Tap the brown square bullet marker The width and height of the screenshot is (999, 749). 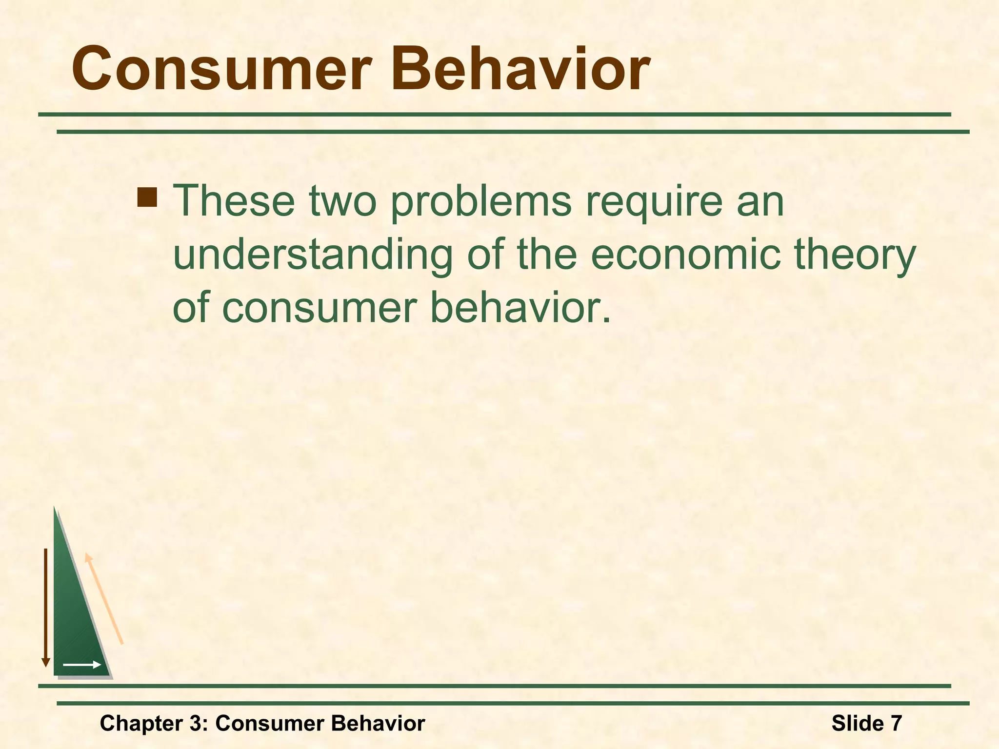click(147, 197)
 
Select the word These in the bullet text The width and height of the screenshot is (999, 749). click(234, 200)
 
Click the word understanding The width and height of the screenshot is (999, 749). click(313, 256)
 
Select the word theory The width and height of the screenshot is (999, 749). click(856, 256)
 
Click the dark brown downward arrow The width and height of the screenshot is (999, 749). click(46, 607)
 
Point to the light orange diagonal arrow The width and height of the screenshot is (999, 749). click(104, 599)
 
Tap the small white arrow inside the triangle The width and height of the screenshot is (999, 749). click(82, 665)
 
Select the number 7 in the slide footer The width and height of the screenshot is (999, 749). click(896, 723)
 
